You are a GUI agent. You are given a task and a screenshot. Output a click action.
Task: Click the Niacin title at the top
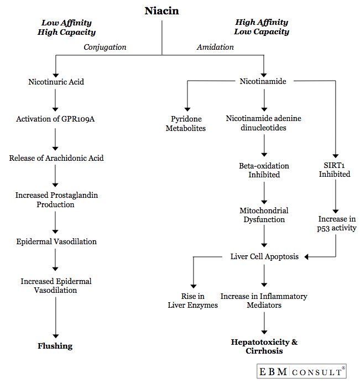pyautogui.click(x=161, y=10)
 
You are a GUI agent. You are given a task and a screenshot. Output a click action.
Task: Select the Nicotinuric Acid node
pyautogui.click(x=56, y=82)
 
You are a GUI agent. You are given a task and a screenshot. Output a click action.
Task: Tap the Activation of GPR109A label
pyautogui.click(x=55, y=119)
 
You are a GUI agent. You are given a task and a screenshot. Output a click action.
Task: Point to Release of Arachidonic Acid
pyautogui.click(x=56, y=158)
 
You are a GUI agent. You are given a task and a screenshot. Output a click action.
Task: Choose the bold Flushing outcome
pyautogui.click(x=55, y=346)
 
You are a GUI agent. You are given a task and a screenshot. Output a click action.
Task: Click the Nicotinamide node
pyautogui.click(x=263, y=81)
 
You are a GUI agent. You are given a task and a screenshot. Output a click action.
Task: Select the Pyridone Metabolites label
pyautogui.click(x=187, y=124)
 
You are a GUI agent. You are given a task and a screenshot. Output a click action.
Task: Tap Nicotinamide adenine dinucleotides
pyautogui.click(x=264, y=123)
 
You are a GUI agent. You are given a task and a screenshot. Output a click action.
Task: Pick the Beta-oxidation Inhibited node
pyautogui.click(x=264, y=170)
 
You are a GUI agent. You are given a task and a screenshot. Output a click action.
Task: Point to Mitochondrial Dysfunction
pyautogui.click(x=264, y=215)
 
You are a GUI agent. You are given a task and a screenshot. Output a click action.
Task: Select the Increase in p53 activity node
pyautogui.click(x=337, y=224)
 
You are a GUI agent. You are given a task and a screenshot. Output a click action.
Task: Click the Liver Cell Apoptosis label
pyautogui.click(x=264, y=256)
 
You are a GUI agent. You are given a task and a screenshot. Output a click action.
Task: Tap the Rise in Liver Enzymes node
pyautogui.click(x=192, y=301)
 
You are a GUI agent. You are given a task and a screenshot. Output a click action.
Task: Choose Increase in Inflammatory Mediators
pyautogui.click(x=264, y=301)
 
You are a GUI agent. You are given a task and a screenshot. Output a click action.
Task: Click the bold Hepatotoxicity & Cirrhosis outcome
pyautogui.click(x=264, y=346)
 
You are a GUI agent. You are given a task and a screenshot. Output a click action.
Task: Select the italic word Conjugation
pyautogui.click(x=105, y=47)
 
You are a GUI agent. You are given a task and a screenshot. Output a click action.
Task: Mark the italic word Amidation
pyautogui.click(x=215, y=47)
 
